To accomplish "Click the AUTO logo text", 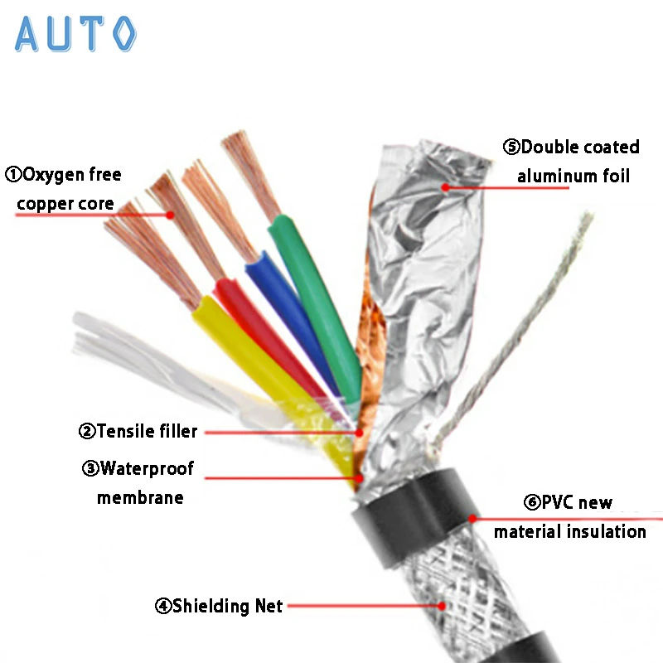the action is point(75,34).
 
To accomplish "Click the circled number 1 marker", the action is point(13,175).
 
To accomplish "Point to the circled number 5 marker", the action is point(511,148).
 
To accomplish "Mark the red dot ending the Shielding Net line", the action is point(443,606).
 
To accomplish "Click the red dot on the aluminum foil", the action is point(445,187).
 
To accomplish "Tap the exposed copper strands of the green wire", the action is point(249,171).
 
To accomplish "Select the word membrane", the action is point(139,498).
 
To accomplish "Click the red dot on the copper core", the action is point(170,215).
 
